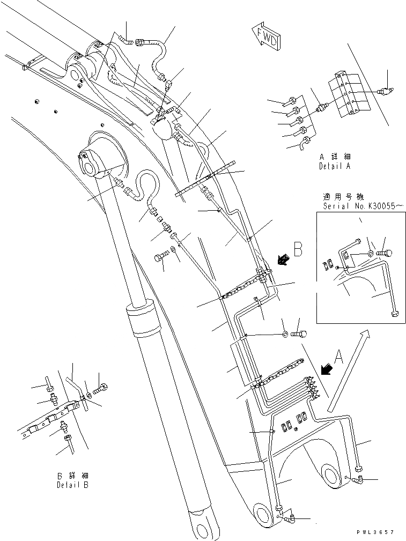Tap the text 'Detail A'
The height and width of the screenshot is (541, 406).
pos(334,167)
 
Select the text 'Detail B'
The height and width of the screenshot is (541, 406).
pos(73,485)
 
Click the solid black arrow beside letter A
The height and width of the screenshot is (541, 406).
pos(325,369)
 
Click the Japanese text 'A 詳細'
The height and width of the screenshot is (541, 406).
pos(334,157)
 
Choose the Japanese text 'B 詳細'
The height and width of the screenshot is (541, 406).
pos(73,475)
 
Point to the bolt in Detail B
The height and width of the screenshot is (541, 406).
pos(101,387)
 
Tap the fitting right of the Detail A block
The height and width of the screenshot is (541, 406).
pos(384,91)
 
